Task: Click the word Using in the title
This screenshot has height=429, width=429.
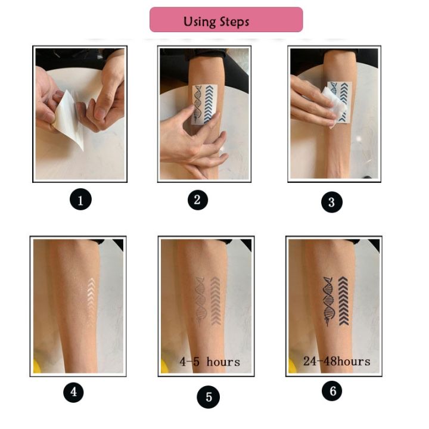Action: (x=200, y=21)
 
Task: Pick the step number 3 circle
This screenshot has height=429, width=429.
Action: (x=332, y=201)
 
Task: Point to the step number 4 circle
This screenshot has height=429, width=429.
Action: (x=74, y=392)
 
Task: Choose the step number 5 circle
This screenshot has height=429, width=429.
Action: (x=208, y=397)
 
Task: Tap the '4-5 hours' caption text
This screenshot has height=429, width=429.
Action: (x=210, y=361)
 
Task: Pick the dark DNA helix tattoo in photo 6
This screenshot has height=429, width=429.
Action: (x=328, y=300)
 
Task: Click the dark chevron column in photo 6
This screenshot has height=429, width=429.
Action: (x=343, y=300)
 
